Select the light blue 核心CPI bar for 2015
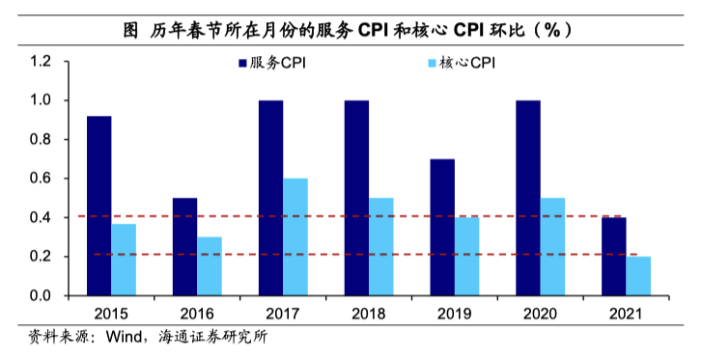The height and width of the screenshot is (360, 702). click(x=124, y=260)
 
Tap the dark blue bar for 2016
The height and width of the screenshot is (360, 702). click(x=184, y=246)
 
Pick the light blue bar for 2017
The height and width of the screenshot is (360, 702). click(x=295, y=236)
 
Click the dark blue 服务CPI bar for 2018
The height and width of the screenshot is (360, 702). click(x=356, y=198)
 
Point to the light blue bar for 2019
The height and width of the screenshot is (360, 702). click(x=466, y=256)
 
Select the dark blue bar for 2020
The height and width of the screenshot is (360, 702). click(x=527, y=198)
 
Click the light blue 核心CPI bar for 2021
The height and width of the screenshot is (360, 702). click(x=638, y=276)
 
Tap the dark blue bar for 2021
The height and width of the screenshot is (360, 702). click(x=613, y=257)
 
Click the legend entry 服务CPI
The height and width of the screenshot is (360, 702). click(x=280, y=65)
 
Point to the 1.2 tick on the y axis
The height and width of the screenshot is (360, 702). click(x=40, y=62)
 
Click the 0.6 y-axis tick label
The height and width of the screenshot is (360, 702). click(x=40, y=179)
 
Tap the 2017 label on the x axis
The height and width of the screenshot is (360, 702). click(x=282, y=314)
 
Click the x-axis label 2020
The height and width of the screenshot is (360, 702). click(x=540, y=314)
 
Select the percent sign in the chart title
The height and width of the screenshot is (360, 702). click(x=551, y=29)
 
